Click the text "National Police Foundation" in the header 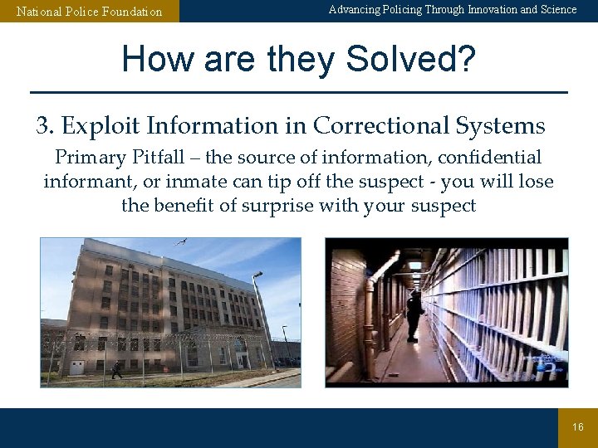click(90, 12)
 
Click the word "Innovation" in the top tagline click(491, 10)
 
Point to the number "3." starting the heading click(45, 126)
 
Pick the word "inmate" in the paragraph click(248, 182)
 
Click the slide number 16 click(578, 427)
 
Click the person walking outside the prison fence click(116, 370)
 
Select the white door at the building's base click(76, 366)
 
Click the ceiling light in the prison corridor click(414, 265)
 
